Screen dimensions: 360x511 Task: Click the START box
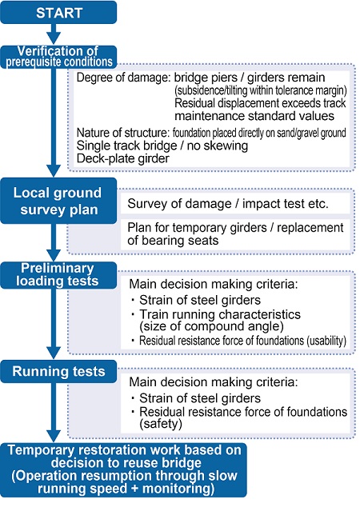pos(58,12)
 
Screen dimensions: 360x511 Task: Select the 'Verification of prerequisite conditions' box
pos(58,57)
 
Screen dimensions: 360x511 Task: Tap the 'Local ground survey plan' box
pos(58,201)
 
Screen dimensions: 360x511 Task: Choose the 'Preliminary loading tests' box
pos(58,275)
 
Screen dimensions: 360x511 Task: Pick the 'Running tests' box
pos(58,372)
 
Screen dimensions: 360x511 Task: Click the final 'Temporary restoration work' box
pos(123,469)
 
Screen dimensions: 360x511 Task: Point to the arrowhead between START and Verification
pos(54,38)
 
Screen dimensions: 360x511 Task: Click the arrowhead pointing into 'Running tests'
pos(54,353)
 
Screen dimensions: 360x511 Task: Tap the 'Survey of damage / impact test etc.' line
pos(228,203)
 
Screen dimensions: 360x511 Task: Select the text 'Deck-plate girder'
pos(123,158)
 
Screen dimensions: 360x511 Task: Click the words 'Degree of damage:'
pos(123,78)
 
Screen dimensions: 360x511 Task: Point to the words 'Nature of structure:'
pos(122,133)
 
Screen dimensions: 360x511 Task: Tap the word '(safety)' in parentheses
pos(161,424)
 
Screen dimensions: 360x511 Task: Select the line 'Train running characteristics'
pos(220,314)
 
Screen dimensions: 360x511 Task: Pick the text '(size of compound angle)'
pos(212,326)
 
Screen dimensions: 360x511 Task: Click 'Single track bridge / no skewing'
pos(162,146)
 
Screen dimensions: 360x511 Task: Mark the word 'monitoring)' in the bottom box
pos(178,489)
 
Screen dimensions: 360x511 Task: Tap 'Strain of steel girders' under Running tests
pos(200,398)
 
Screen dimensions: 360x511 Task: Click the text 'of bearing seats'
pos(173,241)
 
